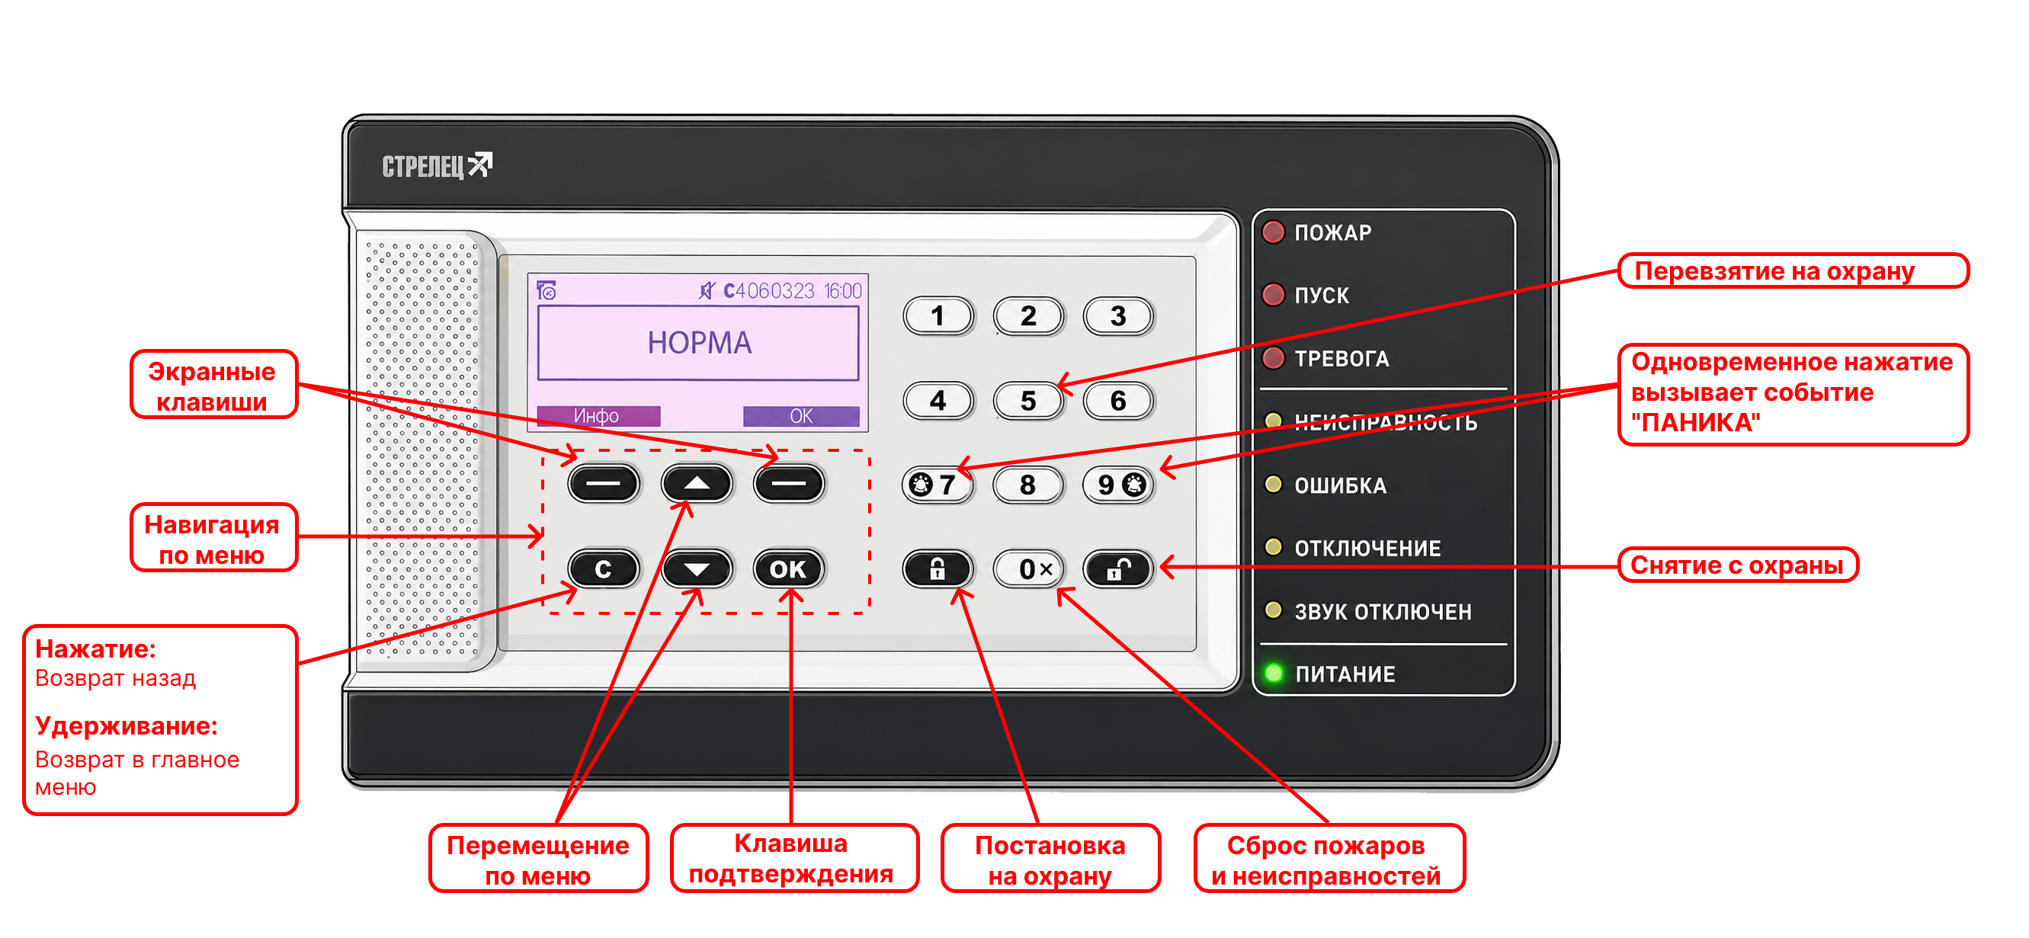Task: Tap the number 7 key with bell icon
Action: (x=938, y=485)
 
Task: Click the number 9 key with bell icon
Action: (x=1118, y=485)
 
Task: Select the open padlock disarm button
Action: (x=1118, y=568)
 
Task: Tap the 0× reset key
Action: (x=1029, y=568)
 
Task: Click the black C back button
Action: (x=604, y=568)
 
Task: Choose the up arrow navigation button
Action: (x=697, y=483)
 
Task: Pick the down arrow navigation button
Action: (x=697, y=568)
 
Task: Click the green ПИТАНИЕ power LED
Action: (x=1274, y=674)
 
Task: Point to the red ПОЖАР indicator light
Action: (x=1274, y=232)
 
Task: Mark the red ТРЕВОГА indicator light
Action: (x=1274, y=358)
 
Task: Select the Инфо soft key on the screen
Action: (x=598, y=416)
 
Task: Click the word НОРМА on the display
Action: (x=700, y=343)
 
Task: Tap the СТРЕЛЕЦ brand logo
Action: (x=438, y=165)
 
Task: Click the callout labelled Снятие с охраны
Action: (x=1738, y=565)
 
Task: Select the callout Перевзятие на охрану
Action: (x=1793, y=271)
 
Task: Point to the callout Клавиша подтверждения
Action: (x=794, y=859)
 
